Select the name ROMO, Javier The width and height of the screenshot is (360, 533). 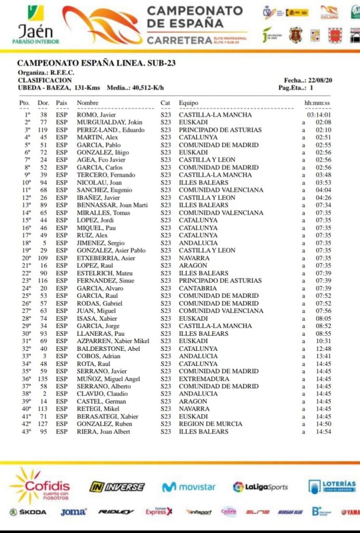(x=96, y=115)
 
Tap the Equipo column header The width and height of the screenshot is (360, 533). (x=188, y=103)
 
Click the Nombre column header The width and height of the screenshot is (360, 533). (x=87, y=103)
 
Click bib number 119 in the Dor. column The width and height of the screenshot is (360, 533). (x=43, y=130)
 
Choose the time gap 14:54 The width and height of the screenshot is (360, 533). (x=324, y=432)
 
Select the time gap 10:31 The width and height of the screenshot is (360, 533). (x=324, y=341)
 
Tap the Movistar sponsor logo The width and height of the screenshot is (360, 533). (x=188, y=487)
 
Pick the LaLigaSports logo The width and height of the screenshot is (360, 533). (x=260, y=487)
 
